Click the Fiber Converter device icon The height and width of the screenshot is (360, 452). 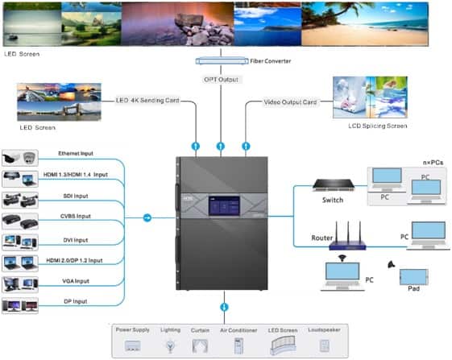coord(222,61)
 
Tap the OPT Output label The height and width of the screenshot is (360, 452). coord(221,80)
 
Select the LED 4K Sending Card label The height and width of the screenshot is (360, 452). coord(147,101)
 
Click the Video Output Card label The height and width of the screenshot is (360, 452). coord(290,102)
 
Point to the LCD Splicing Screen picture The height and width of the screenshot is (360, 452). coord(370,97)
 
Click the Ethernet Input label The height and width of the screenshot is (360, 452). coord(76,153)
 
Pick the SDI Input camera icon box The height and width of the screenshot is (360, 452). coord(20,200)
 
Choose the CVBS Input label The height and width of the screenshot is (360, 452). coord(76,216)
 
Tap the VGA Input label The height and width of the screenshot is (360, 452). coord(76,281)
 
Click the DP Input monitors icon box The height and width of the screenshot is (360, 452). coord(20,305)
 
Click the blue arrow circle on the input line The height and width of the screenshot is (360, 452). coord(147,217)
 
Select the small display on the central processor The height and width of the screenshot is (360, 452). coord(224,206)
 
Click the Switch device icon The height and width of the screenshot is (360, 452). coord(334,185)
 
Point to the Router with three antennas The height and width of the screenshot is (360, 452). coord(347,236)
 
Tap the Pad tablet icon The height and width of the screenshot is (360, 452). coord(413,277)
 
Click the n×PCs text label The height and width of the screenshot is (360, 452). coord(433,163)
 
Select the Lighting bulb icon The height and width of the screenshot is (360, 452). coord(170,346)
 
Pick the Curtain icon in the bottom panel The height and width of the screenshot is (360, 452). coord(200,346)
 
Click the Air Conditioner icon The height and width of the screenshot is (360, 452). coord(238,346)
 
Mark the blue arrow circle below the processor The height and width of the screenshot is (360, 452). coord(224,307)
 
